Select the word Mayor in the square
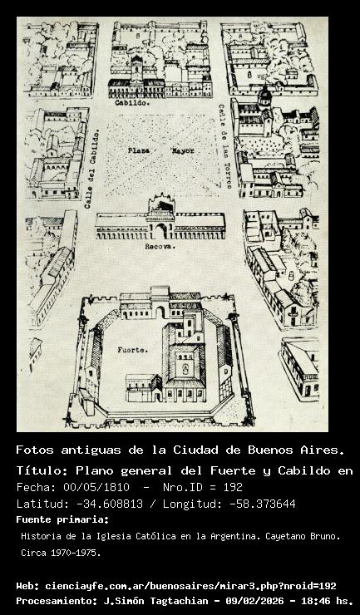coord(182,150)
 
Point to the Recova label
coord(160,247)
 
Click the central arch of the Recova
coord(161,231)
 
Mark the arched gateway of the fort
coord(160,312)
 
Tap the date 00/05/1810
coord(96,487)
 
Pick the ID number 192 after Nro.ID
coord(233,487)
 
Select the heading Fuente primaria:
coord(62,519)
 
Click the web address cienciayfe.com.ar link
coord(190,587)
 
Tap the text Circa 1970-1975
coord(61,553)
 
